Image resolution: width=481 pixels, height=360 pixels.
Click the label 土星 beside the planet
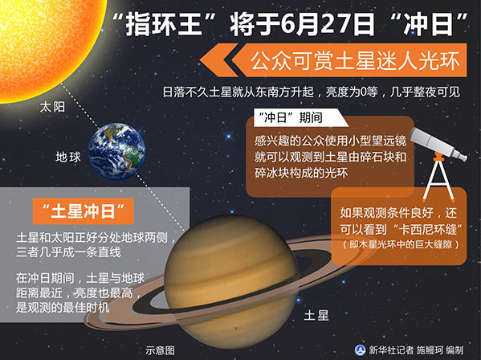point(316,316)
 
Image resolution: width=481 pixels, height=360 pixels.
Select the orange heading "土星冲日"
point(84,212)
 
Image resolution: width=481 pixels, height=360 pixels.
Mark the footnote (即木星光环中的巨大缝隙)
point(402,243)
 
